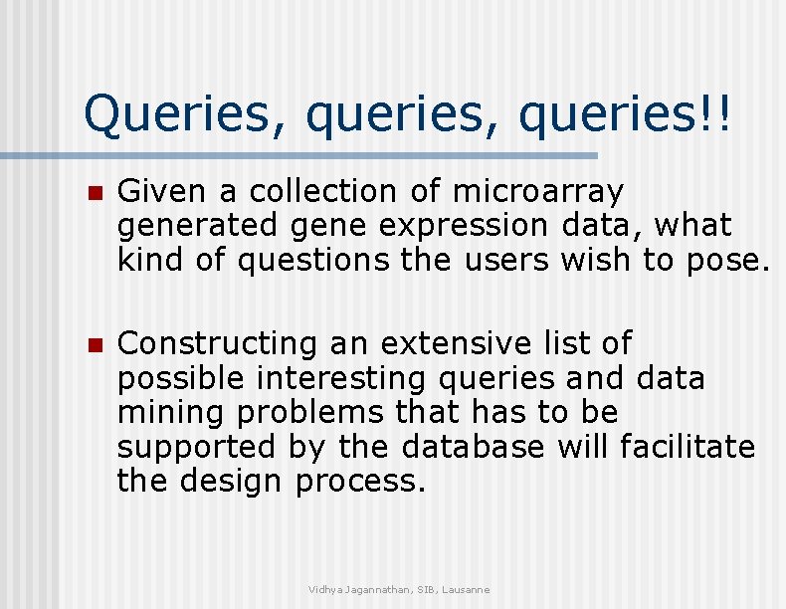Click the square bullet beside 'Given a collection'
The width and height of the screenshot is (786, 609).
click(x=95, y=193)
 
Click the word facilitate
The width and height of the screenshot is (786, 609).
click(x=687, y=447)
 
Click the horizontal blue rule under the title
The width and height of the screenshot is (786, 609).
click(x=298, y=156)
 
